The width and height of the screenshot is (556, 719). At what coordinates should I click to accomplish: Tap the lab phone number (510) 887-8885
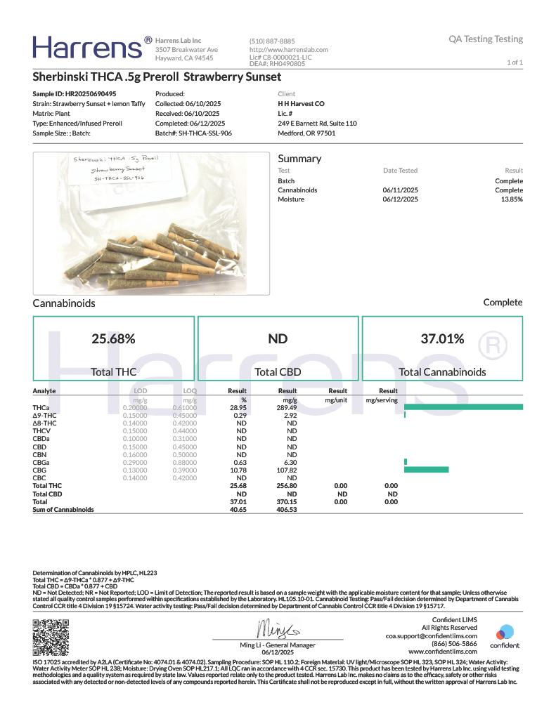tap(272, 41)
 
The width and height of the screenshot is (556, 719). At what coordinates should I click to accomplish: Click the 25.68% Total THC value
tap(113, 338)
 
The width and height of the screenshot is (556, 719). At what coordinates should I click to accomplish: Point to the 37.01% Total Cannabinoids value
tap(442, 338)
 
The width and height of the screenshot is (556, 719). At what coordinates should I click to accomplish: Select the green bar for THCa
tap(463, 407)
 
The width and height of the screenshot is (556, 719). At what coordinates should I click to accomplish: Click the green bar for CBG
tap(426, 469)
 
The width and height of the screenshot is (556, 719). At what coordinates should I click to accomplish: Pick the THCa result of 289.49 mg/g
tap(287, 407)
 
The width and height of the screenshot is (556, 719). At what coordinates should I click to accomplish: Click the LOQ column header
tap(190, 391)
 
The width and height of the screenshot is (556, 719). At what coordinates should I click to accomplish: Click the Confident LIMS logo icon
tap(505, 632)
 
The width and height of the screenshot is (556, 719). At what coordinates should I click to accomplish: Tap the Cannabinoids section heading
tap(64, 303)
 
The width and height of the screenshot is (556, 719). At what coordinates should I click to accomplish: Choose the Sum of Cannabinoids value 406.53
tap(287, 509)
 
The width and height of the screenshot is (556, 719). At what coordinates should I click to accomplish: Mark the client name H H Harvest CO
tap(301, 103)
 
